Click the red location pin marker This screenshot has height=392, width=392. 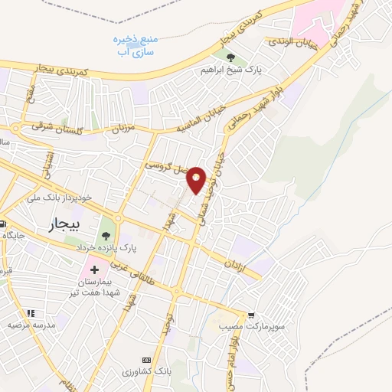point(197,180)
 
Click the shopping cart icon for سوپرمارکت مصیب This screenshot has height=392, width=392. point(251,315)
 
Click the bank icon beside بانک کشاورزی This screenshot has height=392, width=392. point(147,360)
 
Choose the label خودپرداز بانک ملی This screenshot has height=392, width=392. point(59,198)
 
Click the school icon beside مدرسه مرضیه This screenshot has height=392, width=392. point(31,313)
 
